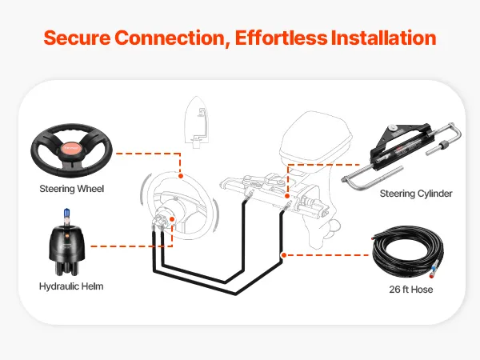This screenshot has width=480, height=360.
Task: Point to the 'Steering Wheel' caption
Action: (72, 190)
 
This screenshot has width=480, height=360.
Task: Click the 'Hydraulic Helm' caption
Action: (71, 286)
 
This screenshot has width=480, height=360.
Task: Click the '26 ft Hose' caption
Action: (410, 289)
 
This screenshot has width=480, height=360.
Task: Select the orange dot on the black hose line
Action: (282, 255)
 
